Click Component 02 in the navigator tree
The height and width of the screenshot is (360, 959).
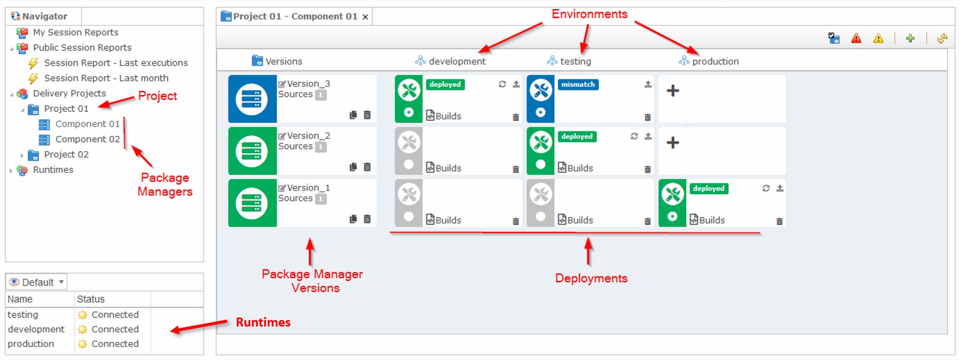click(87, 139)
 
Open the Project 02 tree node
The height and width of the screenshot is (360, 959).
click(66, 155)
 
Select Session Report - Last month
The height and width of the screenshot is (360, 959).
click(106, 78)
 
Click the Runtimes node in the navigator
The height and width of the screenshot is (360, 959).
click(53, 170)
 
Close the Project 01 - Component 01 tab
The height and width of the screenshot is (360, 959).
click(365, 17)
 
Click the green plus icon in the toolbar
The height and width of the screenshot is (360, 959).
click(910, 38)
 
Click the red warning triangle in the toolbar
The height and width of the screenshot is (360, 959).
click(856, 38)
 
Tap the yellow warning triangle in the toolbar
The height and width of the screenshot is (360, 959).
click(878, 38)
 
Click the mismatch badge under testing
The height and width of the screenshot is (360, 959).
click(578, 84)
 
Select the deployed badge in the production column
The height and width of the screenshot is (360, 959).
click(709, 188)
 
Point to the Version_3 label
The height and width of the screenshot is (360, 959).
click(308, 83)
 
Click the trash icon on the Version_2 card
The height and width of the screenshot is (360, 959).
click(367, 167)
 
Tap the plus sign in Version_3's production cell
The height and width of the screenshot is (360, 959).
click(673, 90)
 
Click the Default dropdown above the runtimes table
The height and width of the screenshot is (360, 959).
click(37, 282)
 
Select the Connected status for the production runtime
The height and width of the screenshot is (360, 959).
click(115, 344)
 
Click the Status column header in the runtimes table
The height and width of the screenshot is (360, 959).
click(90, 299)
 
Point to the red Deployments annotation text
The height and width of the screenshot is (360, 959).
click(591, 278)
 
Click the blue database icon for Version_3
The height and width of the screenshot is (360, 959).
click(252, 99)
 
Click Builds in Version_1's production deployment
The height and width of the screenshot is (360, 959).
click(712, 220)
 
